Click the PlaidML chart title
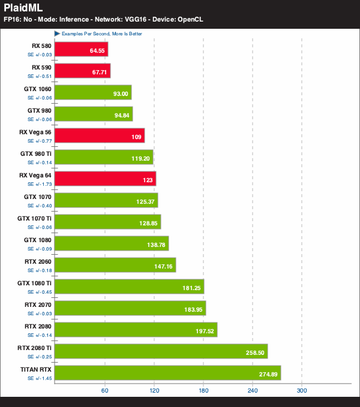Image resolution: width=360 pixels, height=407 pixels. tap(23, 8)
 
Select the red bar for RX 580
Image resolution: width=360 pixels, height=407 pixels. tap(81, 49)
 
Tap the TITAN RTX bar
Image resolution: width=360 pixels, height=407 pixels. tap(168, 373)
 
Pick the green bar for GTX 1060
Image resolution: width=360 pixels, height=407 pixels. tap(93, 92)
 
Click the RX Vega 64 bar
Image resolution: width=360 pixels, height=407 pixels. tap(105, 179)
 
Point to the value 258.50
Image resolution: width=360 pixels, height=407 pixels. tap(255, 352)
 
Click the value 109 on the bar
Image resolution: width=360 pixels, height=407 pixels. tap(136, 137)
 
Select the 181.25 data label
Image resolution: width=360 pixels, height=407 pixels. tap(191, 288)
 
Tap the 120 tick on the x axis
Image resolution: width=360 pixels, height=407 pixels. tap(154, 391)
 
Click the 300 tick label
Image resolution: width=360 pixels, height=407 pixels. tap(302, 391)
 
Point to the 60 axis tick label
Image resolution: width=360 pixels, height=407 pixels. tap(104, 391)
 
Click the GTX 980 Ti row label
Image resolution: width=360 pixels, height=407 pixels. tap(36, 153)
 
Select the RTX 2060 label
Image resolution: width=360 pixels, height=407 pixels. tap(38, 261)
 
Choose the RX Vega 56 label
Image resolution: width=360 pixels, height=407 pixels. tap(35, 132)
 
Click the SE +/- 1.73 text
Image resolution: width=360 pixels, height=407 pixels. tap(40, 184)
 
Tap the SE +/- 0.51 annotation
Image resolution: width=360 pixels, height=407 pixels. tap(40, 76)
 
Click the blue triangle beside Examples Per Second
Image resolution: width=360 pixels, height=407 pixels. tap(57, 34)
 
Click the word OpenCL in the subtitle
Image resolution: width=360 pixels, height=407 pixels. tap(190, 19)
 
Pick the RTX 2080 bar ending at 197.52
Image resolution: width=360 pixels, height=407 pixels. tap(136, 330)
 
